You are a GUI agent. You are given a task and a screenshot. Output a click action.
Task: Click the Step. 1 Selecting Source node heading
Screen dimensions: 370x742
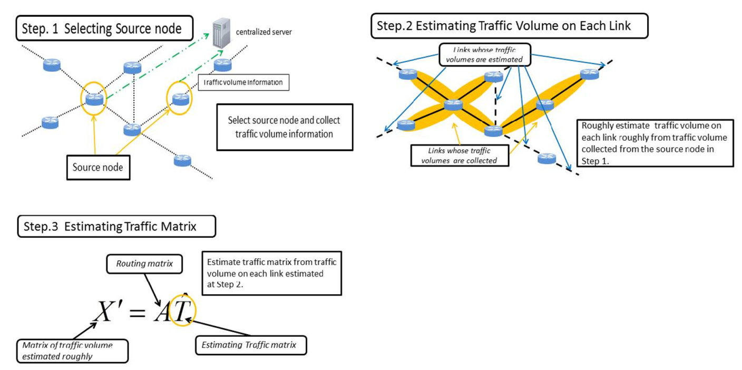coord(102,29)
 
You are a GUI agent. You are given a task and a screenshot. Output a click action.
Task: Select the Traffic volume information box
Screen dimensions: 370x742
coord(243,82)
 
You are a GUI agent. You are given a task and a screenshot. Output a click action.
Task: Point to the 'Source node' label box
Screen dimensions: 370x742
coord(97,167)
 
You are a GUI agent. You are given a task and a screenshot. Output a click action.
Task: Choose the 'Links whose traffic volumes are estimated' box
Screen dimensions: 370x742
coord(484,54)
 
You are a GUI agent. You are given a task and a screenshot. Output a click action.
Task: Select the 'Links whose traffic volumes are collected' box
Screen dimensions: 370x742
coord(459,155)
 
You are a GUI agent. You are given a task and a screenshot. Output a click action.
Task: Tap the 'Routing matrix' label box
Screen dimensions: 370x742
coord(144,263)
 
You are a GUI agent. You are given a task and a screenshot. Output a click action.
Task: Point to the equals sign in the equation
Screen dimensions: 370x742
coord(137,314)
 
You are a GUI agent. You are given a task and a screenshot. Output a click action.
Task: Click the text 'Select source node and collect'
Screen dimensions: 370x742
coord(284,120)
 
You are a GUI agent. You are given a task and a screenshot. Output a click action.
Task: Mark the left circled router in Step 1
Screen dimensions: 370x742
coord(94,98)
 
